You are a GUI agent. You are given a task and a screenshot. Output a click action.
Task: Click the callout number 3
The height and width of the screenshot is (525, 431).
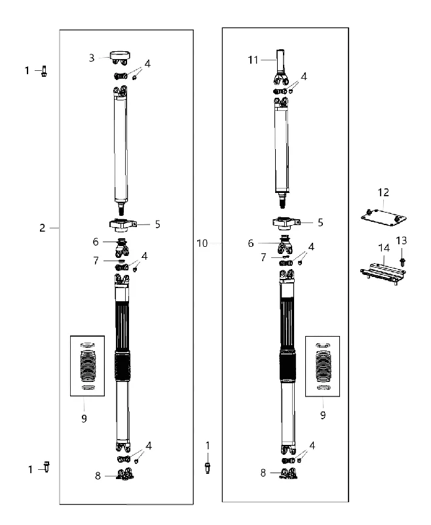92,58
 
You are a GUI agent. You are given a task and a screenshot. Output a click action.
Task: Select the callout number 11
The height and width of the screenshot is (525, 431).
253,60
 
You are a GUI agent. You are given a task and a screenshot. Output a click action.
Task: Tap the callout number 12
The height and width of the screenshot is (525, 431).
383,192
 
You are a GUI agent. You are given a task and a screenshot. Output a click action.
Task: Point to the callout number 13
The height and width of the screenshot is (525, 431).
402,241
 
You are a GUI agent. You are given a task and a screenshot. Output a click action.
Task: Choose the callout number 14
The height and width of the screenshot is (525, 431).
384,248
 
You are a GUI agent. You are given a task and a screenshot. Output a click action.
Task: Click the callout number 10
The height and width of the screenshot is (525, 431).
202,243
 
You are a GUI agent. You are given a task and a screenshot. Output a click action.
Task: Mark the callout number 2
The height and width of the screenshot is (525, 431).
42,228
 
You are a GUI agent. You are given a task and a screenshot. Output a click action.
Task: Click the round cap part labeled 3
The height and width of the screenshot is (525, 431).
120,57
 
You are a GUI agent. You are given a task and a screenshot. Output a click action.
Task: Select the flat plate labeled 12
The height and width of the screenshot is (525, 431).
384,217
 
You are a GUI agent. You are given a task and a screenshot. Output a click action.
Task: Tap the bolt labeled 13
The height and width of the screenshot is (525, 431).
402,264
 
